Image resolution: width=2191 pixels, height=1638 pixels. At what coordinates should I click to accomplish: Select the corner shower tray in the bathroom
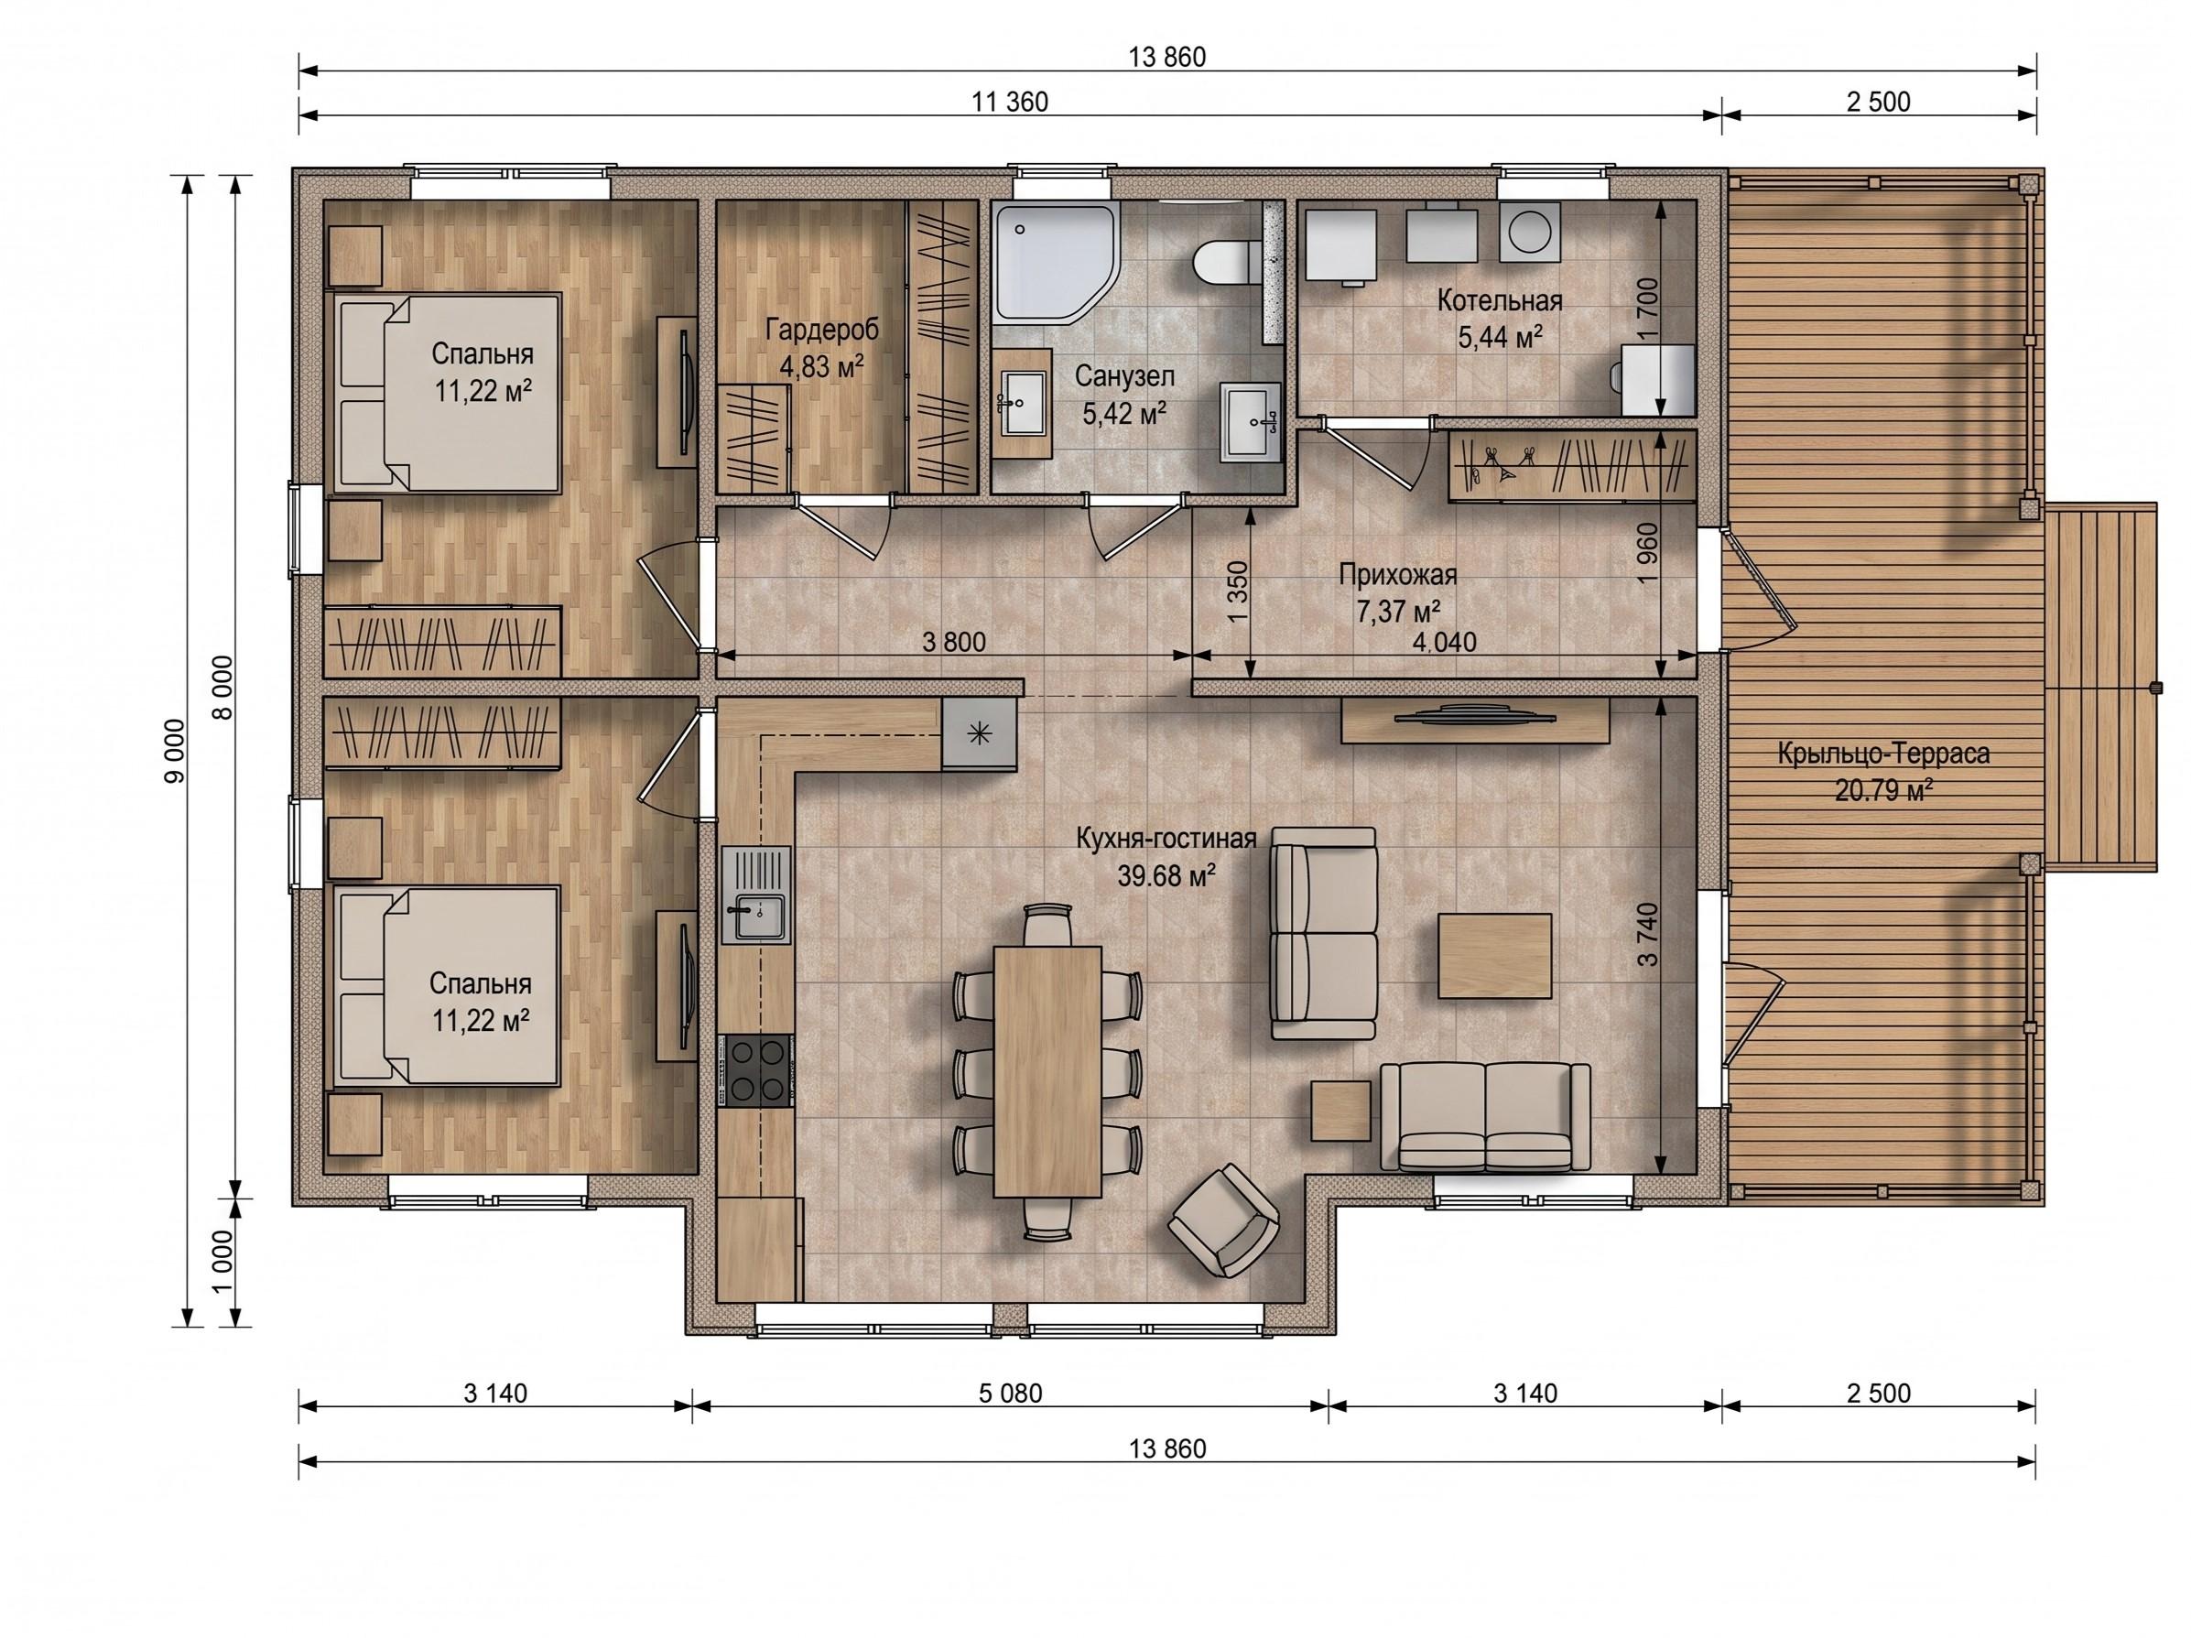1057,263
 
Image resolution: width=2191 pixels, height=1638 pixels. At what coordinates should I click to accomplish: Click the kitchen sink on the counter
757,896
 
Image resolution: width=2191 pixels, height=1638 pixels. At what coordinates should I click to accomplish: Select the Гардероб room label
821,328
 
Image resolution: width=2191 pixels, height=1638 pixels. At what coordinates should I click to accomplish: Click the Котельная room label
1500,300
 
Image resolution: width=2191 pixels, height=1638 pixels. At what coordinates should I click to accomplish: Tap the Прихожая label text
1397,574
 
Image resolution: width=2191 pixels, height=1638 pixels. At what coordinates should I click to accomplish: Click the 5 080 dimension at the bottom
1010,1393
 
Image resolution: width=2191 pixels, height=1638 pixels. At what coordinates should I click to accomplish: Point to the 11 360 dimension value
1009,101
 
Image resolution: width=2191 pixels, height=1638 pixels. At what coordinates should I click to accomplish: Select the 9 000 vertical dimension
174,751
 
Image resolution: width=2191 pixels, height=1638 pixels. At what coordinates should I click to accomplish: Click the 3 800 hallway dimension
954,642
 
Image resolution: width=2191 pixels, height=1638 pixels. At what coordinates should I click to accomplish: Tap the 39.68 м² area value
1166,875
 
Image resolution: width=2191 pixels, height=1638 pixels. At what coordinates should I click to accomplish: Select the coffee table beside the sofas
1494,956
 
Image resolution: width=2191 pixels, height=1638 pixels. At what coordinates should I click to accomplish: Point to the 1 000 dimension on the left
222,1261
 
